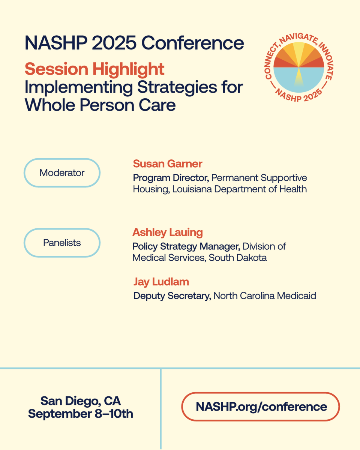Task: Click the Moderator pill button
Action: click(62, 173)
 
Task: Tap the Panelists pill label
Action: click(62, 243)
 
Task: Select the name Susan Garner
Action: click(168, 163)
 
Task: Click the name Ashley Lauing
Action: click(167, 232)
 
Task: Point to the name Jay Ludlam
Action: click(161, 282)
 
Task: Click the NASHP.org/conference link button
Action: click(261, 406)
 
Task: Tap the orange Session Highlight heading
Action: click(94, 69)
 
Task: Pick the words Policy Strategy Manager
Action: click(186, 246)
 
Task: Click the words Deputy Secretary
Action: click(172, 296)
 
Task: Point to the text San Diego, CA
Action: click(81, 400)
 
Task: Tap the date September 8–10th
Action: click(81, 414)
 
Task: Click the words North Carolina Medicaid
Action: click(265, 296)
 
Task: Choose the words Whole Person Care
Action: click(100, 105)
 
